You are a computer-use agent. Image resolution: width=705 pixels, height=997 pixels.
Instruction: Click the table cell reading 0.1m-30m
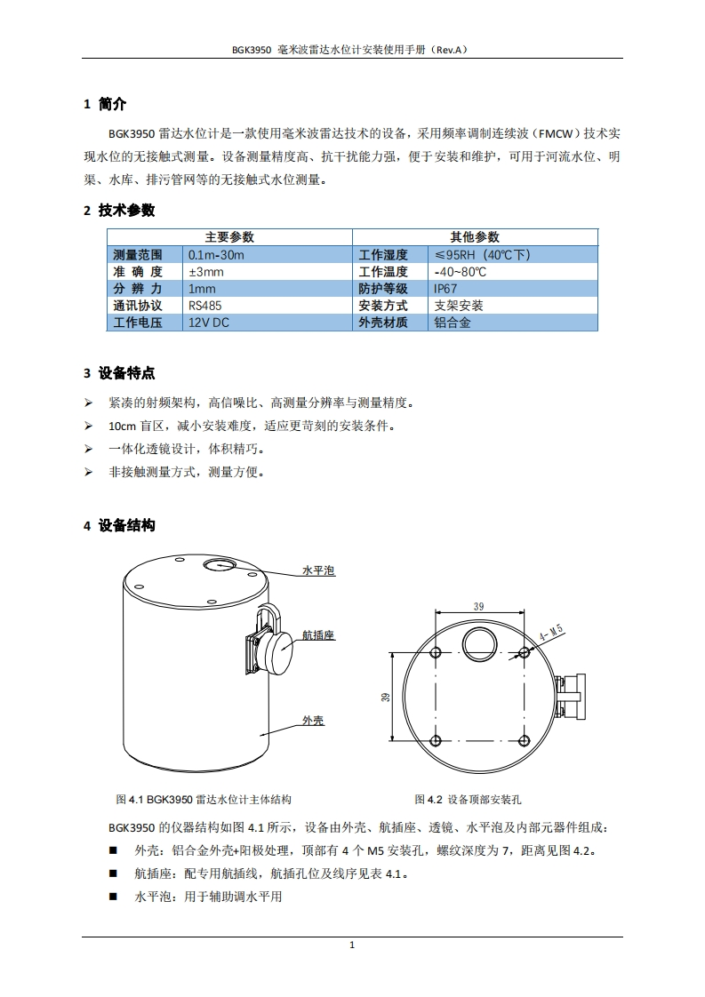[x=216, y=255]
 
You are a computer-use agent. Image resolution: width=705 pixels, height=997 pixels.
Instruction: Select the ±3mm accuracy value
[x=206, y=272]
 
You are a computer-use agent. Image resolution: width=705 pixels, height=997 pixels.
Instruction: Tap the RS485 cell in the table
[x=204, y=306]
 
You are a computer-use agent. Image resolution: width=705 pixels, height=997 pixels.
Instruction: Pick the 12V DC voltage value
[x=209, y=323]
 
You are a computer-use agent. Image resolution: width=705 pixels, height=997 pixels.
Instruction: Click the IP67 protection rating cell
[x=445, y=289]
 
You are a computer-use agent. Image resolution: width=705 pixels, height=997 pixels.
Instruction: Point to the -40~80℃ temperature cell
[x=460, y=272]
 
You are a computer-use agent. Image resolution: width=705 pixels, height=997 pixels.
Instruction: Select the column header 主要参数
[x=229, y=237]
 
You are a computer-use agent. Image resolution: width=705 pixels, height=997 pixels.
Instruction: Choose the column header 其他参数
[x=475, y=237]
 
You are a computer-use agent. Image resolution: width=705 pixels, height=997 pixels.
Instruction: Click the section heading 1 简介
[x=105, y=104]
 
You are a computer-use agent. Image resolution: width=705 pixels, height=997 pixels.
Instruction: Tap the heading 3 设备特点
[x=119, y=373]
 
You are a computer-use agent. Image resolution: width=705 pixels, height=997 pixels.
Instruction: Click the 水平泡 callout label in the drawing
[x=318, y=570]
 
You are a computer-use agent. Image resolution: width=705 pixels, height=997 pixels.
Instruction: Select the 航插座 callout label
[x=318, y=635]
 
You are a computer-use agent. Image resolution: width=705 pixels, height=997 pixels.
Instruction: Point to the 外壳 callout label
[x=313, y=721]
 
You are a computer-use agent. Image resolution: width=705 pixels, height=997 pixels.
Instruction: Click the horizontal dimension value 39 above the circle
[x=479, y=607]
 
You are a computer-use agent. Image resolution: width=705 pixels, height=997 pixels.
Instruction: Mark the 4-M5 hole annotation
[x=551, y=634]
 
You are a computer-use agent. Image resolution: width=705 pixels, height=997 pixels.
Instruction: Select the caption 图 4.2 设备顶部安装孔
[x=468, y=799]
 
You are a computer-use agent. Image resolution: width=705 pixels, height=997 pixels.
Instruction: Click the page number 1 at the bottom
[x=352, y=945]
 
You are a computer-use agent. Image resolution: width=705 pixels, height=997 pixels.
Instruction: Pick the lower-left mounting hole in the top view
[x=436, y=740]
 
